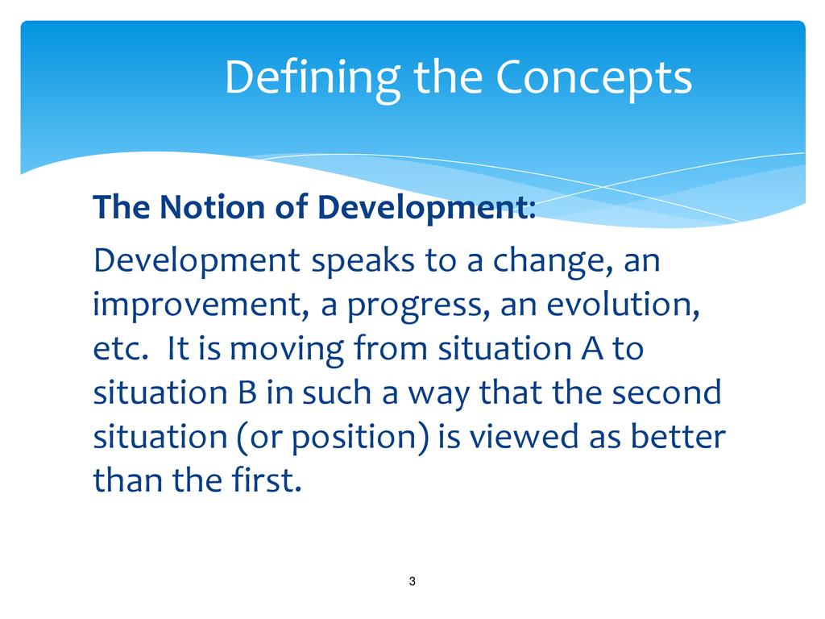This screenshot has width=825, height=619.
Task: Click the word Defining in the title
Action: pos(313,80)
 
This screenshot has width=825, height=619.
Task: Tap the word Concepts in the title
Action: pos(594,79)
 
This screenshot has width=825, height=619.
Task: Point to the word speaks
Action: pos(363,260)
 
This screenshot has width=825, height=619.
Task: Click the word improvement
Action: pos(198,305)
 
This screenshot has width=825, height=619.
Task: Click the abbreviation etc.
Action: pos(119,349)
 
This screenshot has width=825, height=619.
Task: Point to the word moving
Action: pos(287,350)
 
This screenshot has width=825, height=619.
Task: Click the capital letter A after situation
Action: pos(592,348)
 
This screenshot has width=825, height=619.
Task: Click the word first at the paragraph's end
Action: pos(263,480)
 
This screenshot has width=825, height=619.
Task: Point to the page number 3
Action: pos(412,581)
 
